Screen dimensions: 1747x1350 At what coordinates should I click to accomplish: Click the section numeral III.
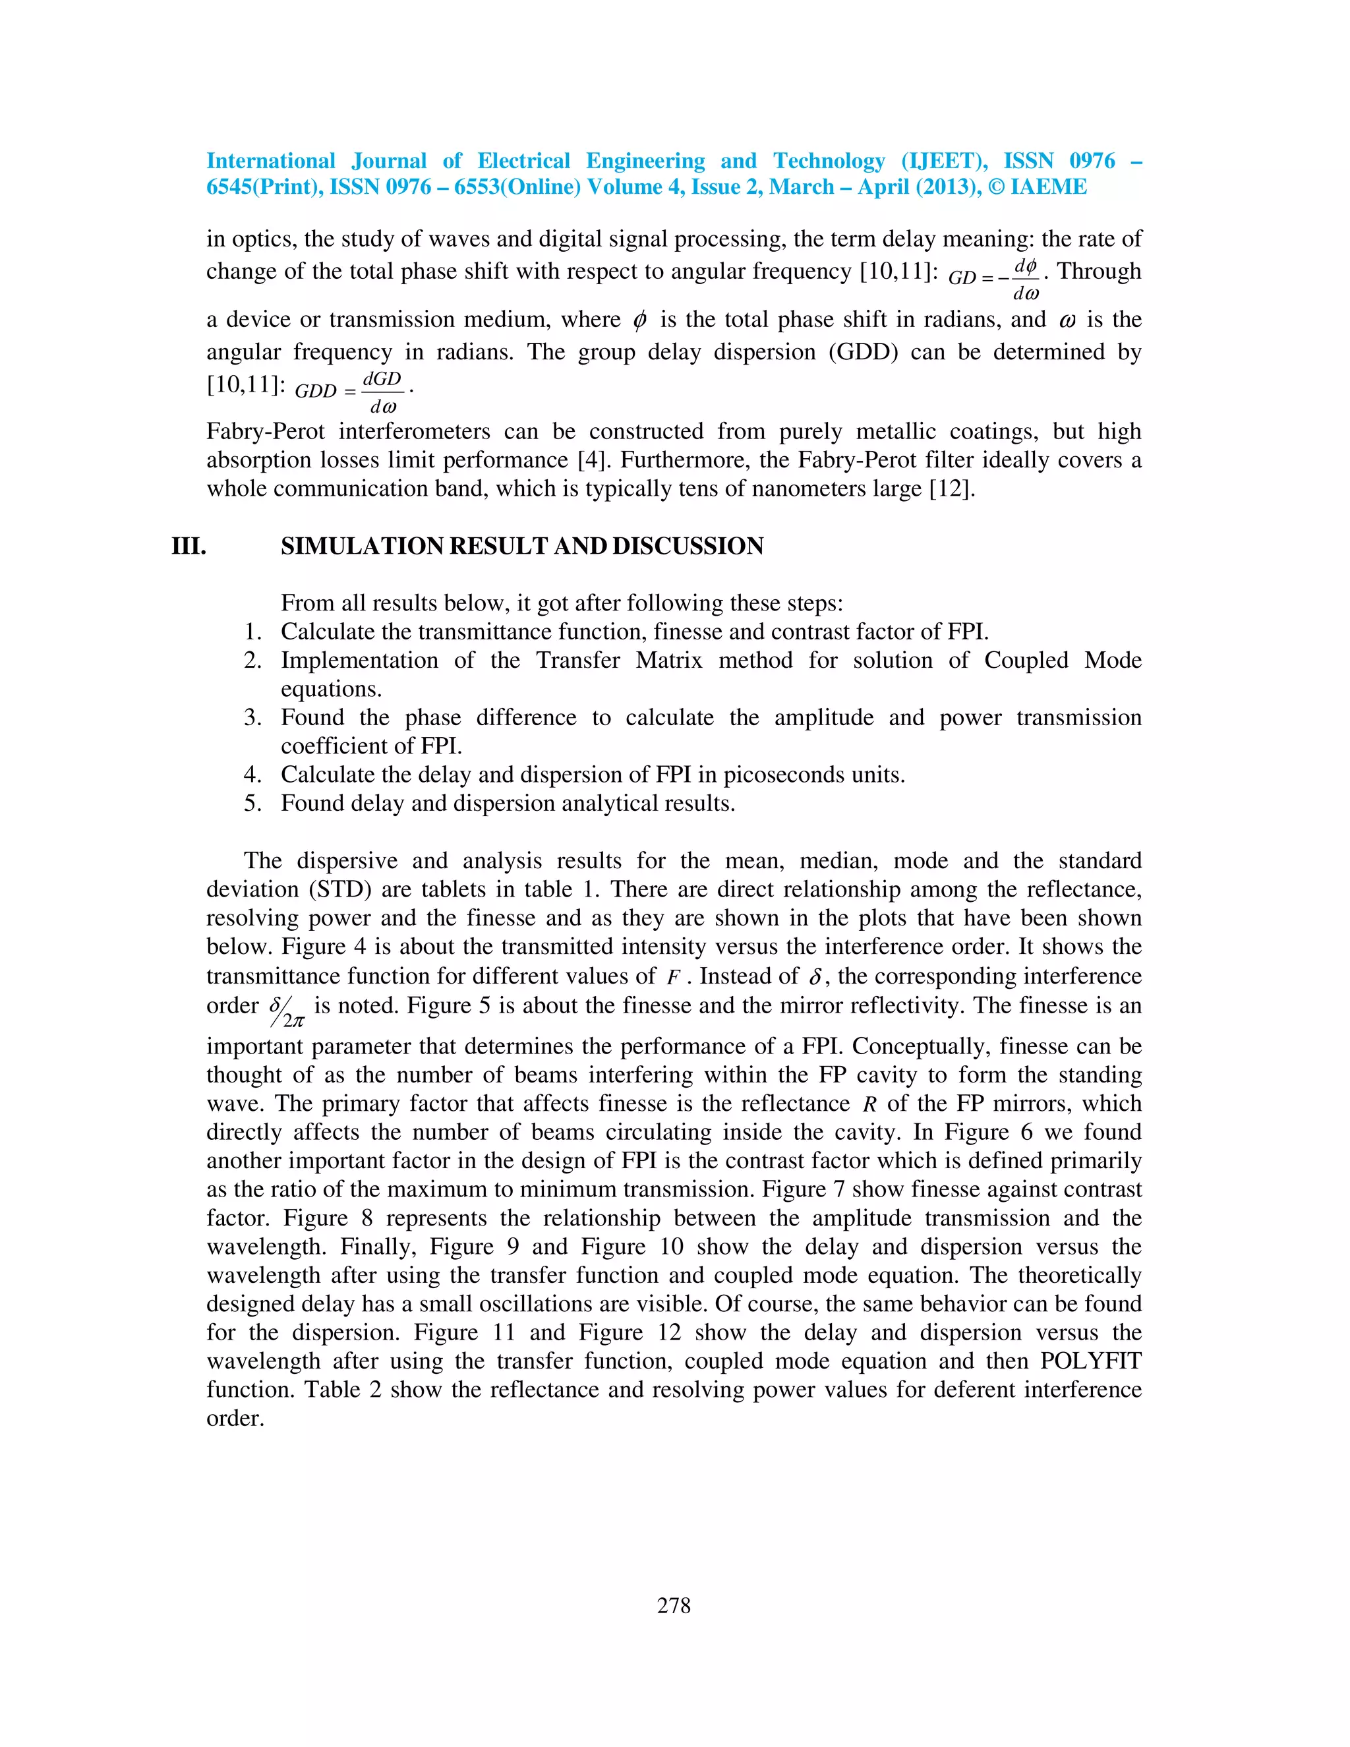189,547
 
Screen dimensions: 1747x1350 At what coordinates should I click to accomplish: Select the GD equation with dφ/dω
994,278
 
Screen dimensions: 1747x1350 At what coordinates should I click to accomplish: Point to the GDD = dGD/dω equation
351,391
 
